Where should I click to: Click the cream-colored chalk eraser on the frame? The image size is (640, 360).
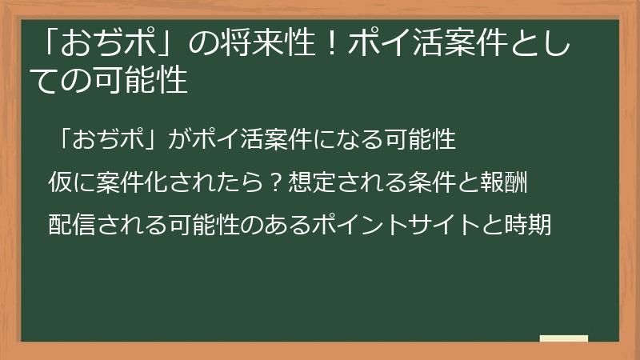click(x=563, y=338)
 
